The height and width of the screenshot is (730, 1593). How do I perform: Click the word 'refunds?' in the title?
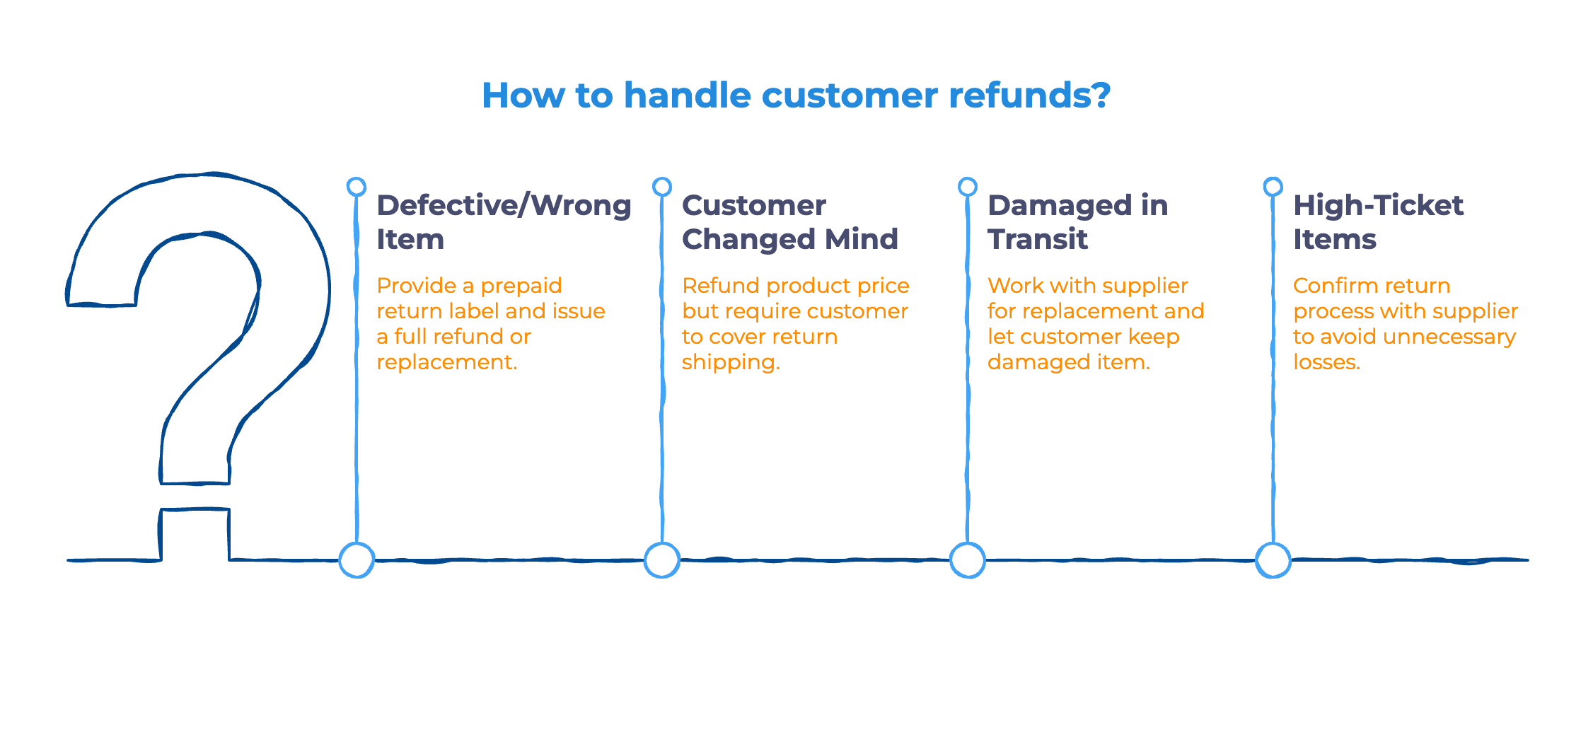[1029, 95]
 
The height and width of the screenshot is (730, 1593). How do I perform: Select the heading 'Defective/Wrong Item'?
[504, 221]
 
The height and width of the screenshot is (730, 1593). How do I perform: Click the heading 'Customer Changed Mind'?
[789, 221]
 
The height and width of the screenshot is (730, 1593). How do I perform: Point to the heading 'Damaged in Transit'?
[1077, 221]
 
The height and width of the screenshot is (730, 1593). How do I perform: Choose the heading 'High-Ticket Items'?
[1378, 221]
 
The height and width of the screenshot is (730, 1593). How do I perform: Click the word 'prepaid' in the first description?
[521, 286]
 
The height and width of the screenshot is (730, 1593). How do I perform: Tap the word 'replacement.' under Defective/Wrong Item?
[447, 362]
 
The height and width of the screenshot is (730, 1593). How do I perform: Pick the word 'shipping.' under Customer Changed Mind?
[731, 362]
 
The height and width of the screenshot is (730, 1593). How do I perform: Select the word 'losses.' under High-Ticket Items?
[1326, 362]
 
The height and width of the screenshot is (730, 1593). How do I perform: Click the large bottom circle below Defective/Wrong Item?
[357, 560]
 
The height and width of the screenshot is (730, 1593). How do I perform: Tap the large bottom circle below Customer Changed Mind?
[662, 560]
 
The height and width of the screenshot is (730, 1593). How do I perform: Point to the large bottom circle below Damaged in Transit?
[967, 560]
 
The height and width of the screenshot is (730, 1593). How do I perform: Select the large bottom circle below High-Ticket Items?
[1273, 560]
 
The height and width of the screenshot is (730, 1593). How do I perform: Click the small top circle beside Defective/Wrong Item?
[357, 187]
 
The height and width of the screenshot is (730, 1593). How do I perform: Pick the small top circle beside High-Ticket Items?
[1273, 187]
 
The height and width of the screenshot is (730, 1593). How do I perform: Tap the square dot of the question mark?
[195, 534]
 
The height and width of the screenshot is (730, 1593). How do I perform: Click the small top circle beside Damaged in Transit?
[967, 187]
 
